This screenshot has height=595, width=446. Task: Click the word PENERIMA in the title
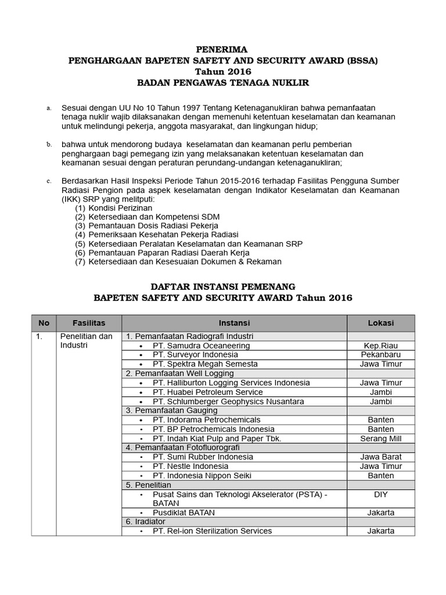[223, 49]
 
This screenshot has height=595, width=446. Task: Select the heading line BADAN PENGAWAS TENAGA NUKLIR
[223, 83]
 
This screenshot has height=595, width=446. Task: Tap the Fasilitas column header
[89, 323]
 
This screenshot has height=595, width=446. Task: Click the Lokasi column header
[381, 323]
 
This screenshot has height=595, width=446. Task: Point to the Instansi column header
[234, 323]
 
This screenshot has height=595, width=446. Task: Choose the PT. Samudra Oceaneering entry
[201, 346]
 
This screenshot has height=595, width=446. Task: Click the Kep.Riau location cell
[381, 346]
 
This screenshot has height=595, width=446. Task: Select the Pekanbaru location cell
[381, 355]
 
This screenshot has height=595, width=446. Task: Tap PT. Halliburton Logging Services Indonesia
[231, 383]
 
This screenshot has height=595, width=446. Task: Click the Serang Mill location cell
[381, 439]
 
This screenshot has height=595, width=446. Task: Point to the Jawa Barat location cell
[381, 457]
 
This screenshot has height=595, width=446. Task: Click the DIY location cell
[381, 494]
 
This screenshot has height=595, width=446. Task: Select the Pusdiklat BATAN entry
[184, 512]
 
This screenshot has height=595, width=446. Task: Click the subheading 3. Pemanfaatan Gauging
[171, 411]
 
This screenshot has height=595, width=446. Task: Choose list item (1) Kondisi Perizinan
[114, 207]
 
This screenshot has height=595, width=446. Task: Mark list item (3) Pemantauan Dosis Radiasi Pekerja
[147, 225]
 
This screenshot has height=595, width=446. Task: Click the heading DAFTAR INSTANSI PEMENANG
[223, 286]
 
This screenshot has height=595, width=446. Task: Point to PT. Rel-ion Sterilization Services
[212, 531]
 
